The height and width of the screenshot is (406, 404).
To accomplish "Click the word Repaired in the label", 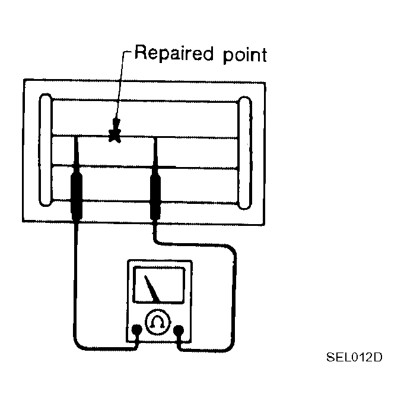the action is coord(174,53).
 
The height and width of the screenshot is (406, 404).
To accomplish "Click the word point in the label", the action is coord(245,55).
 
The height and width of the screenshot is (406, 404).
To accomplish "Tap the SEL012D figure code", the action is coord(354,357).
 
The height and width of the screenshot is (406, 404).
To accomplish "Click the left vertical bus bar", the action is coord(46,150).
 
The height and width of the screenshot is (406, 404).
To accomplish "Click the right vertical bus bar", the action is coord(244,153).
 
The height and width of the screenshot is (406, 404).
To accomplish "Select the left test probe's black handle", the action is coord(77,196).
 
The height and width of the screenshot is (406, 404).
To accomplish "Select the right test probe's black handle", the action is coord(155,197).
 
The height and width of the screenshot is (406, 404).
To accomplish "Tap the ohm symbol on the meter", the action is coord(158,322).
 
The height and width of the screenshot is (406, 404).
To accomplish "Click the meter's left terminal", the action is coord(136,329).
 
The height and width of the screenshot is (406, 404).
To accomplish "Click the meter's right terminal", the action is coord(179,330).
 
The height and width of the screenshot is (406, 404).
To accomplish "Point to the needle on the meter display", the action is coord(152,288).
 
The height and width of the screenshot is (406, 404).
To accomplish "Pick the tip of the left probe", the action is coord(75,137).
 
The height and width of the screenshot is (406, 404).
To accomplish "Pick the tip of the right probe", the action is coord(155,139).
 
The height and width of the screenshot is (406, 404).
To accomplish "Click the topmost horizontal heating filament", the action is coord(145,100).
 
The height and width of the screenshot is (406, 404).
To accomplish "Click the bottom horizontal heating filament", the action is coord(145,202).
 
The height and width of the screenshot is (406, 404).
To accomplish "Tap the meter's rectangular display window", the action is coord(159,285).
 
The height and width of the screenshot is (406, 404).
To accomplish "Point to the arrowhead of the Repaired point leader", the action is coord(116,124).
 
